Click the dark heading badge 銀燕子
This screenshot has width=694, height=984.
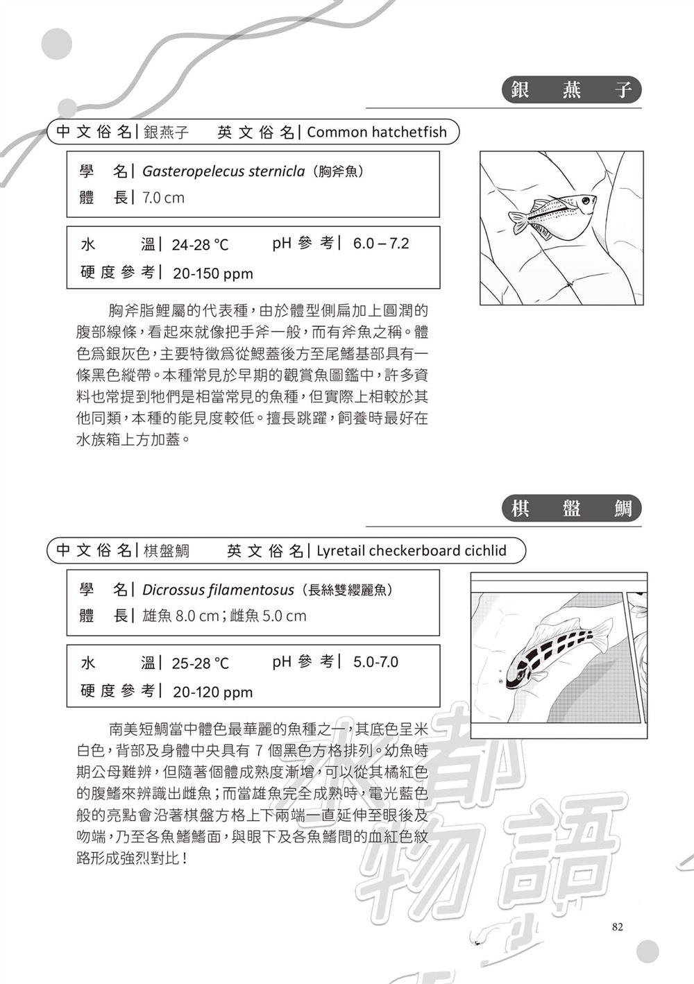[x=571, y=90]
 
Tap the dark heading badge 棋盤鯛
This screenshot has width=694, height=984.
[x=571, y=509]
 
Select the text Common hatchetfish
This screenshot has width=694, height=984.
[x=377, y=132]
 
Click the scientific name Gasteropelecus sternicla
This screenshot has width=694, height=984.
[x=223, y=171]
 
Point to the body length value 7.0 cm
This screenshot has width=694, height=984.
[x=163, y=198]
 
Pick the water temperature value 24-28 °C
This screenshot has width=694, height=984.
[x=200, y=245]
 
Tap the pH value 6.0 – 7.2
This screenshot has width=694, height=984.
[x=381, y=244]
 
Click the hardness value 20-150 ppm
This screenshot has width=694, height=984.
[x=212, y=273]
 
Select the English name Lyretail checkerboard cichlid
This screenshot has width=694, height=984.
[x=412, y=551]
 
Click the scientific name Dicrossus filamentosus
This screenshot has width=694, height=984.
[x=218, y=590]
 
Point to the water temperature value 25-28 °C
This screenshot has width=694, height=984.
[x=200, y=663]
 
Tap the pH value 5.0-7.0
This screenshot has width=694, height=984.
[x=375, y=662]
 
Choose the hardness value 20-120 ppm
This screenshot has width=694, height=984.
[x=212, y=692]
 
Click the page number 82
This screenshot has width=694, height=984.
[x=618, y=926]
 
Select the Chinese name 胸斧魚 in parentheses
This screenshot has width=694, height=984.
[x=338, y=171]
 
